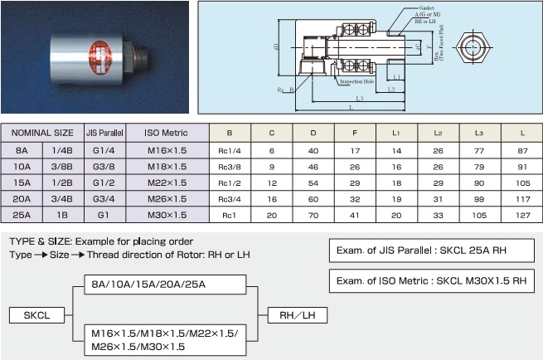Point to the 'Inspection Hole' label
point(357,81)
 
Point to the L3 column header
point(478,132)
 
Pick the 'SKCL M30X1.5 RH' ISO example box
point(431,280)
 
